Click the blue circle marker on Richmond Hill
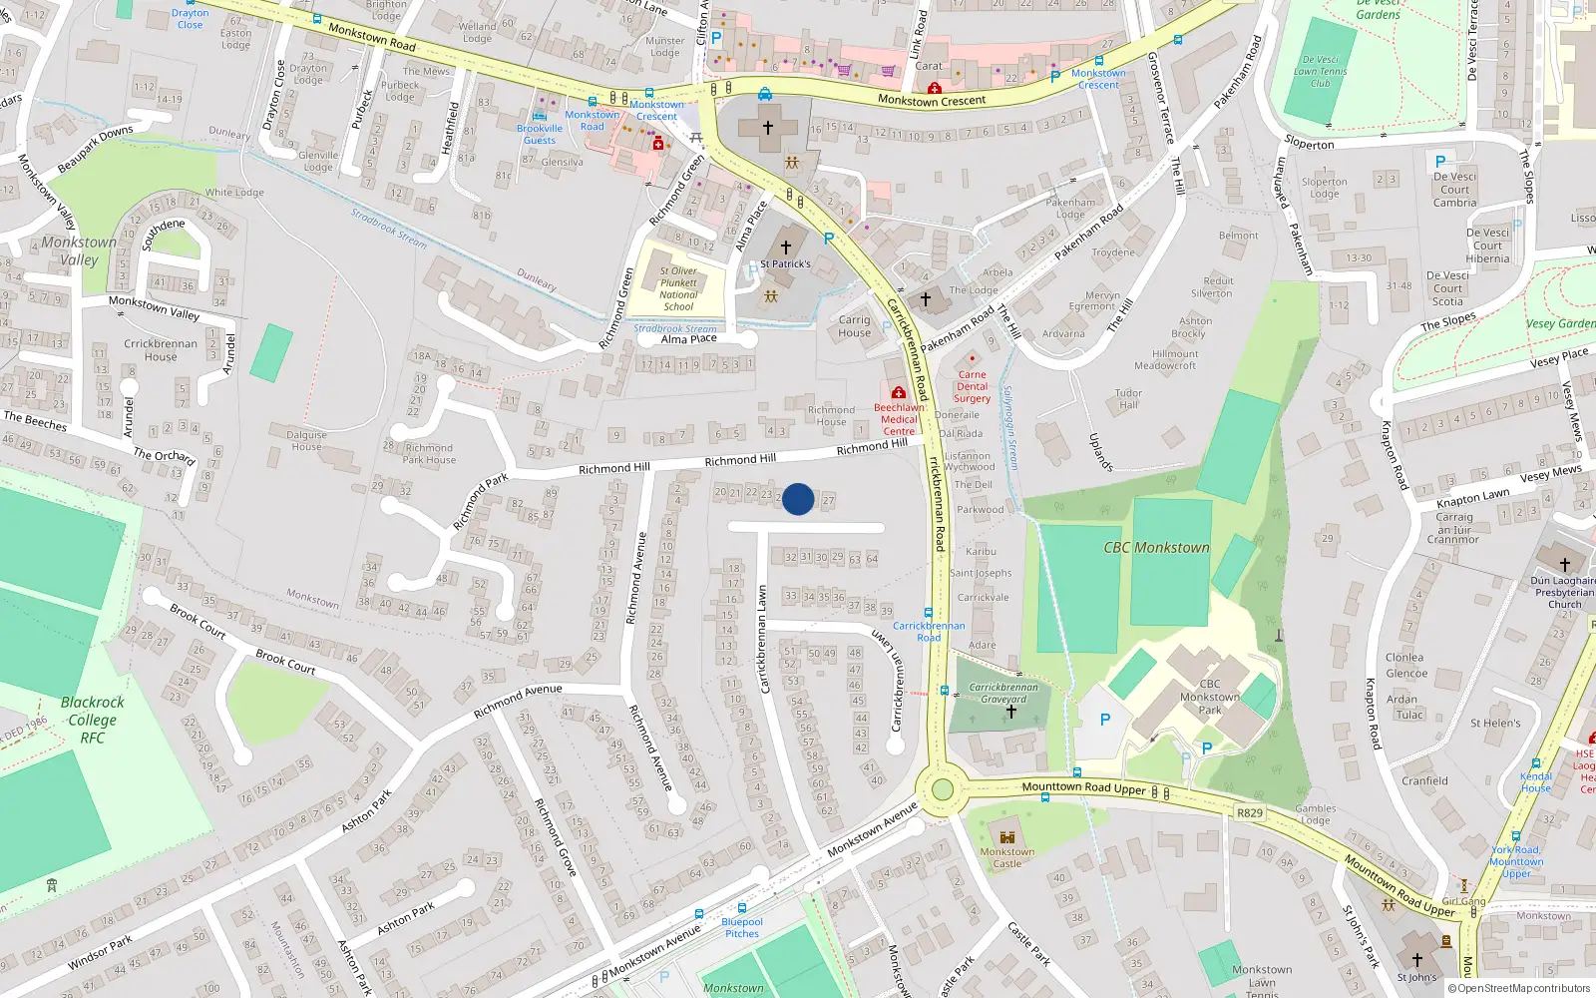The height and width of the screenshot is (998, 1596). point(798,499)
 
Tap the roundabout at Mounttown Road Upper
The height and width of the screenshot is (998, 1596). point(941,790)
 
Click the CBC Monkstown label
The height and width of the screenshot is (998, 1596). point(1156,548)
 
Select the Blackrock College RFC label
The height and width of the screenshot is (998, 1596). point(93,720)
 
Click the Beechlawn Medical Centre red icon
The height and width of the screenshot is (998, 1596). point(898,392)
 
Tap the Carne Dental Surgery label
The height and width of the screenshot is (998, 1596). point(972,387)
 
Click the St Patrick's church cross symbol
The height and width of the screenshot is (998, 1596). point(786,248)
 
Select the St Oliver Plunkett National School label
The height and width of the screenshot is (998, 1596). point(678,288)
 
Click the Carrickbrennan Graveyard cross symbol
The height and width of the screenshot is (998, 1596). point(1010,713)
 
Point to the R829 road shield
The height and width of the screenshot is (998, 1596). point(1250,812)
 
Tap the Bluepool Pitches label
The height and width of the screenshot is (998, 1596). point(742,928)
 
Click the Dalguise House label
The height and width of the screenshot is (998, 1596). point(306,440)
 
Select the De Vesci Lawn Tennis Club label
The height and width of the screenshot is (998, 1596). point(1321,71)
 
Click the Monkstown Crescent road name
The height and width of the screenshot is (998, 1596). point(932,100)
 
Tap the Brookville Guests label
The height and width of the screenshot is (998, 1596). point(540,135)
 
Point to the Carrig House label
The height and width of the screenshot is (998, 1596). point(854,326)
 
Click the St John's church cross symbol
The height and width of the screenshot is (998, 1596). point(1416,960)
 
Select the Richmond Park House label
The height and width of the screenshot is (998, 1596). point(429,454)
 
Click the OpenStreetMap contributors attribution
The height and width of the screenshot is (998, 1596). point(1519,988)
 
